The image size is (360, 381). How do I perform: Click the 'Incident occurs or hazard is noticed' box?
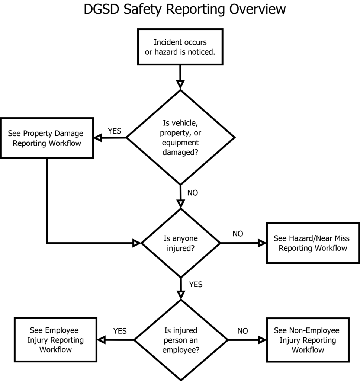coord(180,47)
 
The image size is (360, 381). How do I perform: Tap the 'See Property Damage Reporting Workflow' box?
coord(47,138)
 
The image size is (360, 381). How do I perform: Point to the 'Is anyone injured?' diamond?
coord(181,243)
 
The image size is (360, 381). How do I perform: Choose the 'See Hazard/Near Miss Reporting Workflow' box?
coord(313,243)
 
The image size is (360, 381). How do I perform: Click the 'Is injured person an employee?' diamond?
coord(181,340)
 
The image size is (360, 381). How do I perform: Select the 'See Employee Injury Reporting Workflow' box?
coord(55,340)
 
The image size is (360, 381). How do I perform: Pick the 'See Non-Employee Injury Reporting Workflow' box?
coord(308,340)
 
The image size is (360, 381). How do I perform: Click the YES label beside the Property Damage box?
coord(115,131)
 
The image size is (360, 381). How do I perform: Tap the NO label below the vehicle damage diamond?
coord(193,193)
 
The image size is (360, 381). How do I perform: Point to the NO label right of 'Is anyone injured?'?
coord(238,234)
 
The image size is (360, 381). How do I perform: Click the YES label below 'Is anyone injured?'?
coord(196,285)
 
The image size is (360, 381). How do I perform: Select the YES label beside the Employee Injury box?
coord(120,331)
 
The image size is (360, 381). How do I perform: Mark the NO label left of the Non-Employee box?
coord(242,331)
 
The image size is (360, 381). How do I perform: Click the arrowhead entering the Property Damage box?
coord(97,138)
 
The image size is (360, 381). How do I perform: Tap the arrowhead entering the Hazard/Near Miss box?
coord(263,243)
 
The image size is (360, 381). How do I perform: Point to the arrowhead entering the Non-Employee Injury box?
coord(263,340)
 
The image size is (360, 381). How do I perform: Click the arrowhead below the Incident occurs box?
coord(180,84)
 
